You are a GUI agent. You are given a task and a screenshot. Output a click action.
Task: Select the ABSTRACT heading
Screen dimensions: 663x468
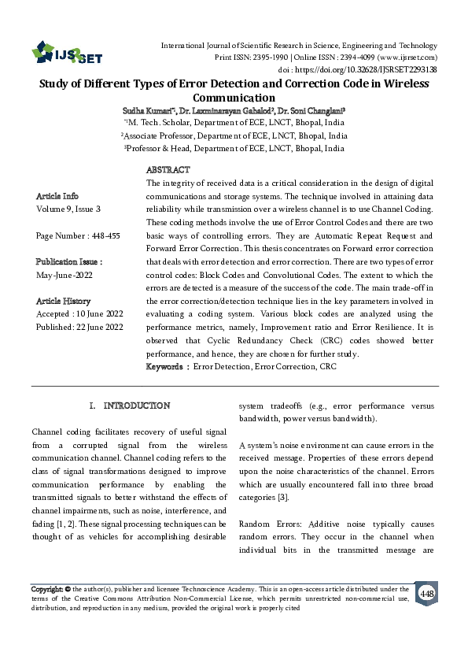click(x=168, y=170)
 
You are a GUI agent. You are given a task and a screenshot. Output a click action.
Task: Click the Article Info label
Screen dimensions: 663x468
click(x=57, y=196)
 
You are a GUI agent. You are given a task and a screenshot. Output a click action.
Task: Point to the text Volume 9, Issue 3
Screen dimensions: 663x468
click(x=68, y=209)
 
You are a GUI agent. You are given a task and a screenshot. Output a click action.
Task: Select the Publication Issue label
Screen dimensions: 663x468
click(x=70, y=261)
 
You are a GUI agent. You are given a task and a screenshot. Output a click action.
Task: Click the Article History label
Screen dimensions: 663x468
click(x=64, y=301)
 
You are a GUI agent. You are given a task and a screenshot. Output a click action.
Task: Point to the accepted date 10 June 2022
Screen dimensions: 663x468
click(x=98, y=314)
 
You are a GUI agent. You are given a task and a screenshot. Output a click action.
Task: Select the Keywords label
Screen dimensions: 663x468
click(x=166, y=367)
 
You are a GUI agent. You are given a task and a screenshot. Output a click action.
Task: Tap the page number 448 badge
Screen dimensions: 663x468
click(x=427, y=592)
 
